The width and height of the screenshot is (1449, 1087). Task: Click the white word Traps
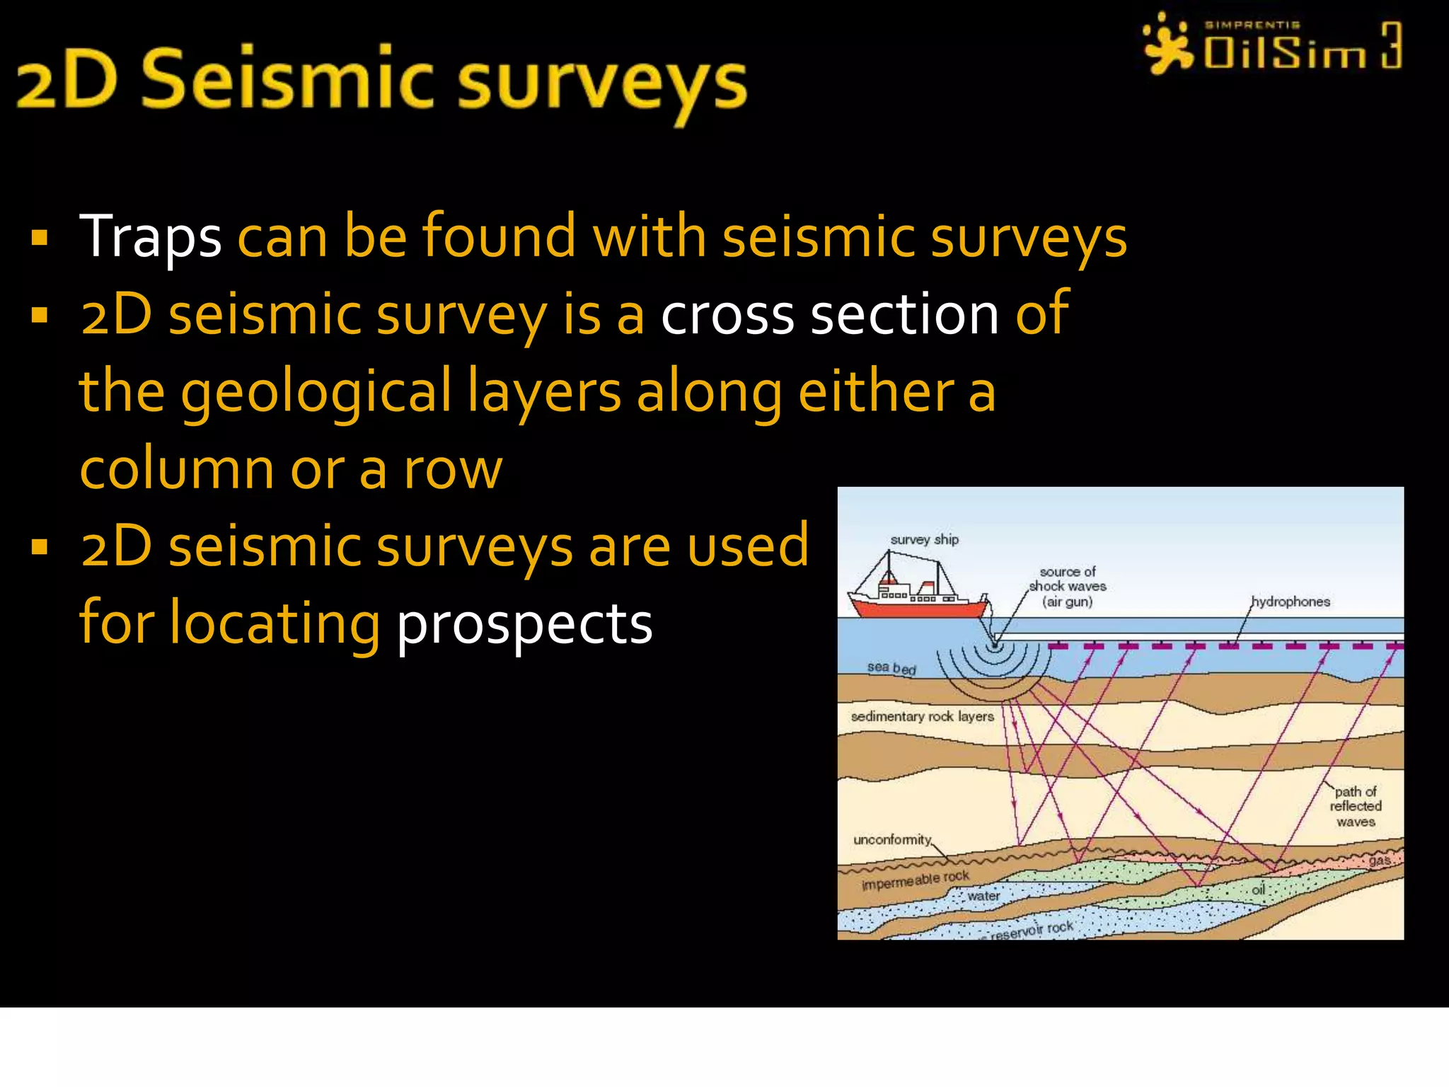point(150,237)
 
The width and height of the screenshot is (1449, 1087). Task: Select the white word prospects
point(524,624)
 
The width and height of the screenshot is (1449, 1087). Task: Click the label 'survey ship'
point(924,539)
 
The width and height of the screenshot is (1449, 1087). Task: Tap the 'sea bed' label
point(891,667)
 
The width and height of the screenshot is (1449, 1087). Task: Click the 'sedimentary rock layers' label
point(922,716)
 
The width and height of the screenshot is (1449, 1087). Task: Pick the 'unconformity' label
point(892,839)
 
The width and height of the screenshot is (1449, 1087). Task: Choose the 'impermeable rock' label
point(916,880)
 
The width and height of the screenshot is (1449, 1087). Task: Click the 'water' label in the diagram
point(983,896)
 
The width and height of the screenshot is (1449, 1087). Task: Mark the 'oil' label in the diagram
point(1258,889)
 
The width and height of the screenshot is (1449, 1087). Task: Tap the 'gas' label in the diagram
point(1379,861)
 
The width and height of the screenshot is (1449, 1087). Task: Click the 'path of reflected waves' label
point(1355,807)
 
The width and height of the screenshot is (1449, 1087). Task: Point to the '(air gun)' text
point(1067,602)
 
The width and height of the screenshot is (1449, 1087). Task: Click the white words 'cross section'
point(829,314)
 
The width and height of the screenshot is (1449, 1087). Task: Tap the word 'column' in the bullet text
point(177,469)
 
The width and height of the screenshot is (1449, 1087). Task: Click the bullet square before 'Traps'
point(40,238)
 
